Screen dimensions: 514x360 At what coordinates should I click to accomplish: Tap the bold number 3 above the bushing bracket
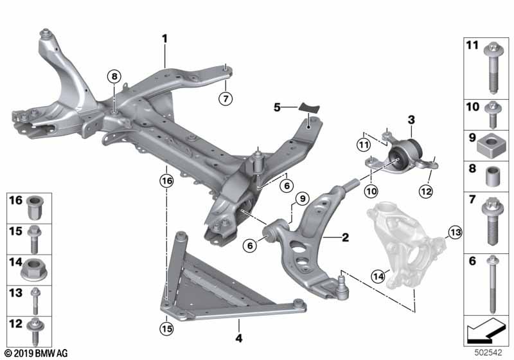(x=411, y=120)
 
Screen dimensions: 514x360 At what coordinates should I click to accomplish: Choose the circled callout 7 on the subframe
(x=224, y=99)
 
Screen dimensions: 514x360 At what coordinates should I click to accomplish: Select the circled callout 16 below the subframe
(x=166, y=182)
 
